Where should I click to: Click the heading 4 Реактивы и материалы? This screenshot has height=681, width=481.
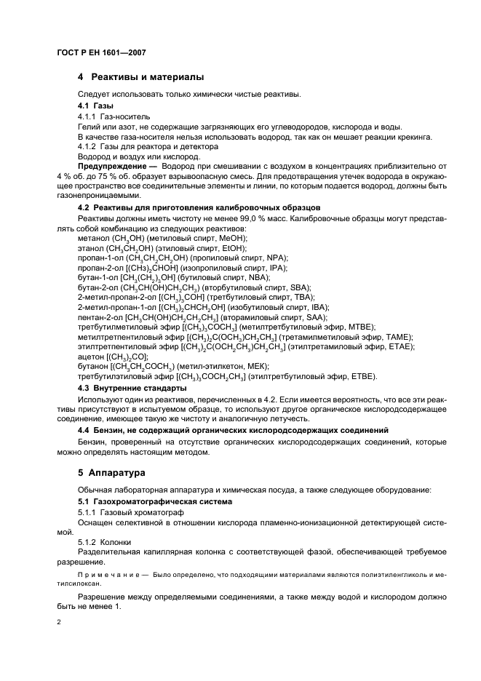tap(140, 77)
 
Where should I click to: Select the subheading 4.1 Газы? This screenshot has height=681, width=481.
tap(96, 105)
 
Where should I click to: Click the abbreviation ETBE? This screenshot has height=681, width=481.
tap(361, 377)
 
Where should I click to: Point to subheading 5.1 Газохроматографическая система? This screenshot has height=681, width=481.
tap(154, 502)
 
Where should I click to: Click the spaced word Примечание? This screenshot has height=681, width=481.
tap(108, 573)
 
